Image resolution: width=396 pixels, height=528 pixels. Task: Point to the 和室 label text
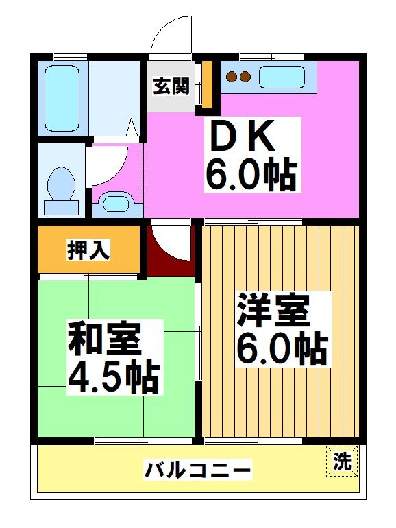click(x=105, y=339)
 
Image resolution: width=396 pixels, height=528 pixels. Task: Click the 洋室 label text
click(x=273, y=311)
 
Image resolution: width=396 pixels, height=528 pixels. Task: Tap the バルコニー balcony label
click(x=197, y=470)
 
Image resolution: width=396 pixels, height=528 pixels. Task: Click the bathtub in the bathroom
click(x=61, y=98)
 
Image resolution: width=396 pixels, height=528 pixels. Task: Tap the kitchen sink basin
click(x=282, y=77)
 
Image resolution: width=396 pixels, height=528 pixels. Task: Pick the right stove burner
click(x=243, y=77)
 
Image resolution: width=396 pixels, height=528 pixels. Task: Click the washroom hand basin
click(x=119, y=204)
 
